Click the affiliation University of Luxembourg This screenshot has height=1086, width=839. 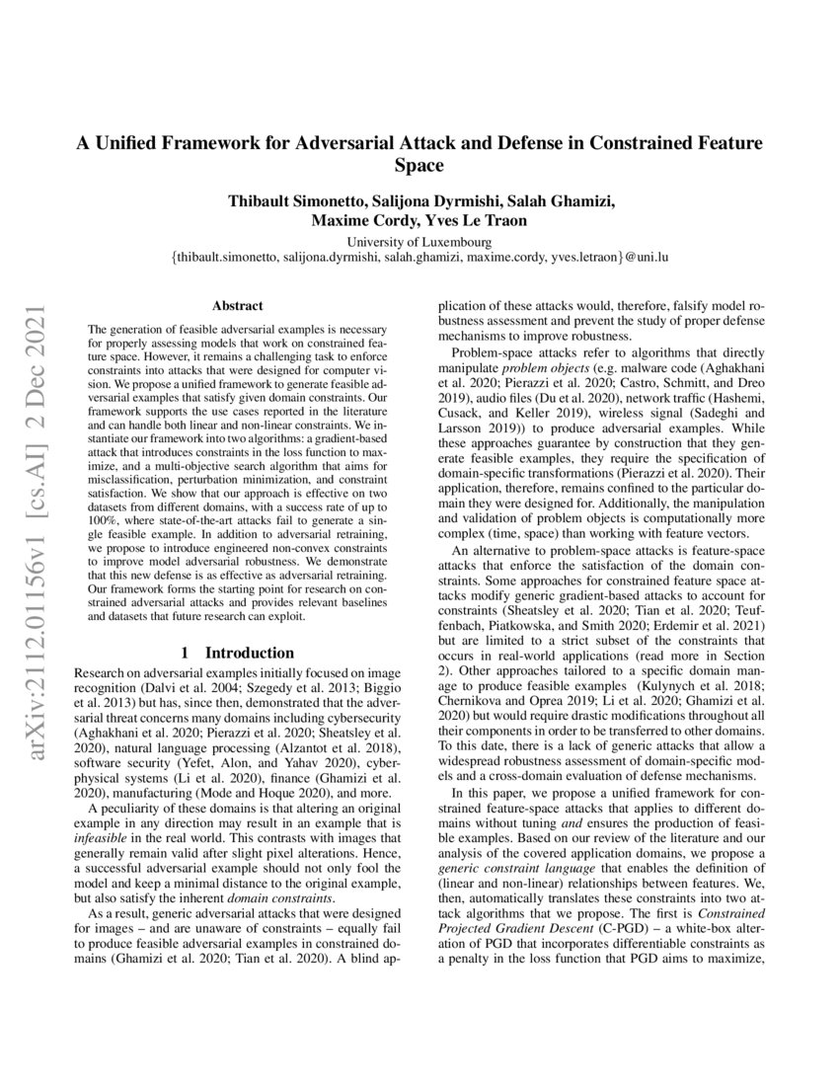pyautogui.click(x=419, y=242)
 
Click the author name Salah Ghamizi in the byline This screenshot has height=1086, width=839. pyautogui.click(x=559, y=201)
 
